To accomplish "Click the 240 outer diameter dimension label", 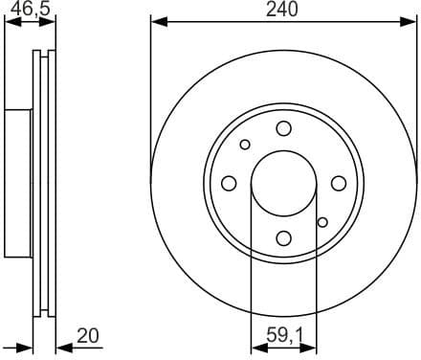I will click(x=283, y=10).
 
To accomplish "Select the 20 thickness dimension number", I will click(x=88, y=335).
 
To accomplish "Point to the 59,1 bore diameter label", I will click(x=283, y=335).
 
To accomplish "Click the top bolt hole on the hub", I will click(x=283, y=128).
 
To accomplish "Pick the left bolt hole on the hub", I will click(x=230, y=183).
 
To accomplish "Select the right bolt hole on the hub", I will click(x=338, y=183).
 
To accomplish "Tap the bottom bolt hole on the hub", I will click(x=283, y=237).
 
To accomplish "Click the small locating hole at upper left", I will click(x=245, y=145).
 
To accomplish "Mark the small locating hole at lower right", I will click(x=322, y=221).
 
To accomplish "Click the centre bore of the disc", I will click(x=283, y=183).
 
